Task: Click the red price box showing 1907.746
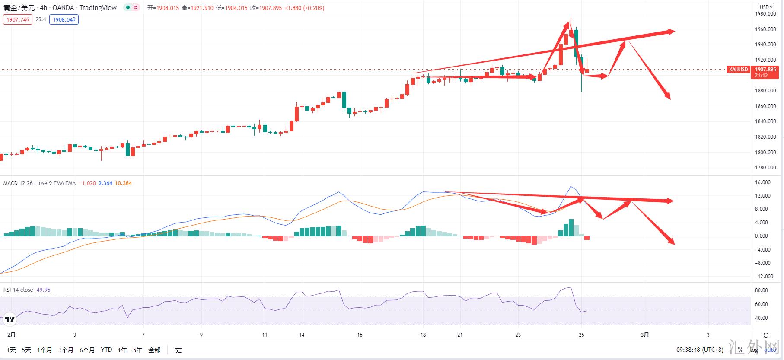click(x=18, y=19)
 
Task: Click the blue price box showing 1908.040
click(x=64, y=19)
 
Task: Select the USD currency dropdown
click(x=766, y=7)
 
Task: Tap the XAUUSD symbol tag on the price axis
click(x=738, y=70)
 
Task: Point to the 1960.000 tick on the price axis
click(x=765, y=29)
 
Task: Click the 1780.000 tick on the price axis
click(x=765, y=168)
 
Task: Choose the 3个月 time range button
click(x=65, y=350)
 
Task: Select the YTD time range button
click(x=106, y=350)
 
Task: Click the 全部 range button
click(x=154, y=350)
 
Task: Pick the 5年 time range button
click(x=137, y=350)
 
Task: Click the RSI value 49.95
click(x=43, y=290)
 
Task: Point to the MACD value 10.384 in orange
click(x=123, y=183)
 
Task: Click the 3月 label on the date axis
click(x=645, y=335)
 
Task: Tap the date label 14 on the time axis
click(x=302, y=335)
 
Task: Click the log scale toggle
click(x=754, y=350)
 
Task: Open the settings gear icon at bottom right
click(x=766, y=335)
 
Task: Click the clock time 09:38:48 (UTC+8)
click(x=700, y=350)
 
